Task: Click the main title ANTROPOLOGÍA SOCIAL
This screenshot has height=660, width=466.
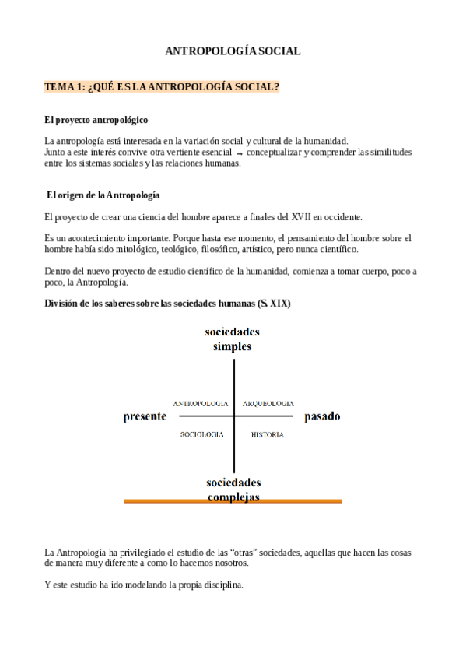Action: coord(233,51)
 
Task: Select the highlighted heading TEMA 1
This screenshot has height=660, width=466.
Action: coord(163,87)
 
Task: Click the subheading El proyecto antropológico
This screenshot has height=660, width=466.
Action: coord(96,121)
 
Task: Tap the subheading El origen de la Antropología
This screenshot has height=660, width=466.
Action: coord(103,194)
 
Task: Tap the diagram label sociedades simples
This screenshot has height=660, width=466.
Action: coord(232,339)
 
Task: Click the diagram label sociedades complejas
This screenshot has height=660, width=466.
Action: coord(233,489)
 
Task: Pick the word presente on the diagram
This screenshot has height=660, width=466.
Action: coord(145,416)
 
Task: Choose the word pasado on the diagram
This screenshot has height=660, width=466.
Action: coord(322,416)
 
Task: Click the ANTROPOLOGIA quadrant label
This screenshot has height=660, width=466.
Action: coord(200,404)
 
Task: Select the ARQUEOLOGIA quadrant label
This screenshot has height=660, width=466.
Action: coord(268,404)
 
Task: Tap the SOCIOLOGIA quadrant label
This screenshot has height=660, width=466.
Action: coord(202,434)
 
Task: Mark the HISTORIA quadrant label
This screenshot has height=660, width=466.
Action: coord(267,434)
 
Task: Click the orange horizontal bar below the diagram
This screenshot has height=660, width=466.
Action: coord(233,501)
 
